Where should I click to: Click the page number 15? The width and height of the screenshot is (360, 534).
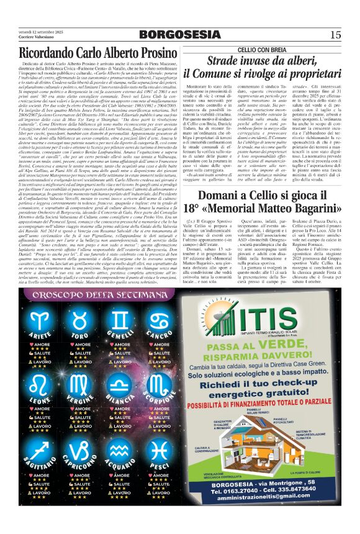[336, 35]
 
